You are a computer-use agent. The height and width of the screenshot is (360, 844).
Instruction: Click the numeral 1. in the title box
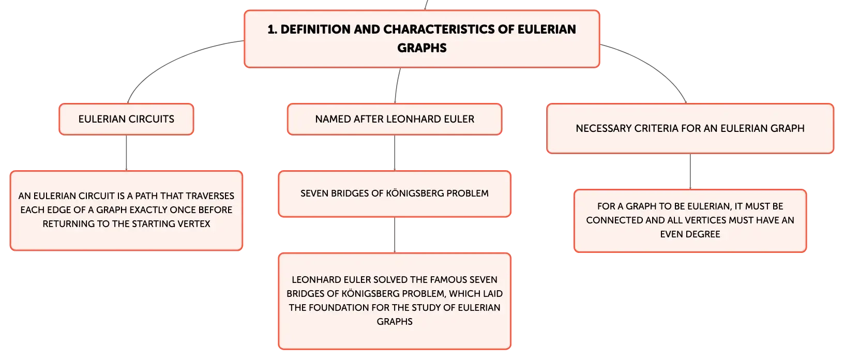coord(272,29)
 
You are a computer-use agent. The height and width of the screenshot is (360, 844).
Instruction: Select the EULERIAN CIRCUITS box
coord(126,119)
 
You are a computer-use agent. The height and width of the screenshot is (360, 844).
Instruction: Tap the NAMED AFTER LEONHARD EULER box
coord(395,119)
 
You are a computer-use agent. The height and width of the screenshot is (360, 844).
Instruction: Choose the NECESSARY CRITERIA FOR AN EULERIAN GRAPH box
coord(690,129)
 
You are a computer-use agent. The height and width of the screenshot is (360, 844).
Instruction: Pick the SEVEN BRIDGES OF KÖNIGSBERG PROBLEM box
coord(395,194)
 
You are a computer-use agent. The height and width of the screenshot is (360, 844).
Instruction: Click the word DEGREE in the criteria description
coord(703,234)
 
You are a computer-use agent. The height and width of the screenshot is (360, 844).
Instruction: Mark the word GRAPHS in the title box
coord(421,48)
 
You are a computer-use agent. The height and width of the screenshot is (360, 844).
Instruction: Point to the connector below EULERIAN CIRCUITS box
coord(126,153)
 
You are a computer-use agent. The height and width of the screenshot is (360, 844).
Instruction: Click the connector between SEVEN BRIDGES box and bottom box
coord(395,235)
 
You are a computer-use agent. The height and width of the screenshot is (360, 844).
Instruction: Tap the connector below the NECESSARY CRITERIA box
coord(690,172)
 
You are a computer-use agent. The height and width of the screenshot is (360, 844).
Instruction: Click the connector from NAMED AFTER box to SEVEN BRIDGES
coord(395,153)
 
